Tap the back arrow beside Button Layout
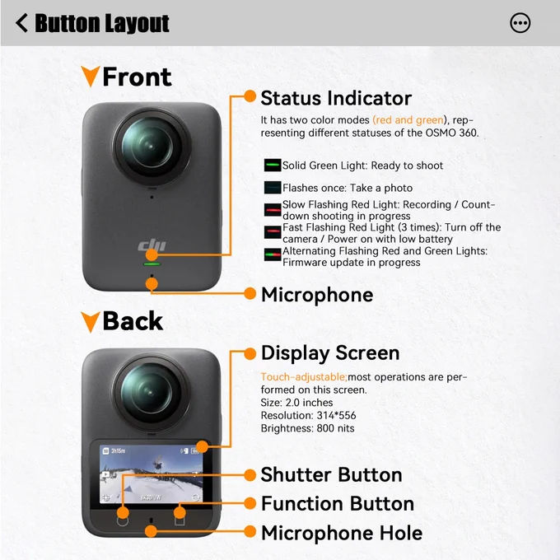pos(21,23)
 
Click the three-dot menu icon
pos(520,23)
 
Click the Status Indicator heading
pos(336,98)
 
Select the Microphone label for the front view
pos(317,295)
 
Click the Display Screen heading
pos(330,353)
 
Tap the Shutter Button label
pos(331,474)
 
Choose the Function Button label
pos(338,503)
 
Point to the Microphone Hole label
pos(342,533)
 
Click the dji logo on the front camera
pos(152,245)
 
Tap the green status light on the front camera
pos(152,264)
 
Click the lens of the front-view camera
pos(151,147)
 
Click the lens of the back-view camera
pos(151,393)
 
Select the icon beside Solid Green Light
pos(273,166)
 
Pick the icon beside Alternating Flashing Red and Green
pos(273,254)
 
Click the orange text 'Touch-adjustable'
pos(304,377)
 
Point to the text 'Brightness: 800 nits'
pos(307,428)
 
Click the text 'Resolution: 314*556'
pos(308,415)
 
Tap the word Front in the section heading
pos(137,77)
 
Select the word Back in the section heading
pos(133,320)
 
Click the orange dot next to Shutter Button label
pos(250,475)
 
